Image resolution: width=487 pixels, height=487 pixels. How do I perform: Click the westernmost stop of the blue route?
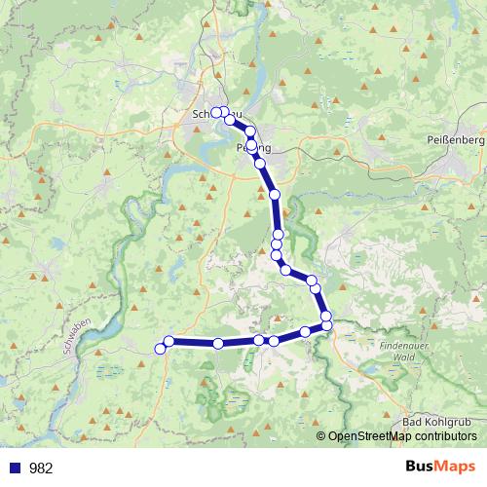160,349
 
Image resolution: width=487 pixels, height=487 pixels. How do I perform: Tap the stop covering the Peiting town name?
252,146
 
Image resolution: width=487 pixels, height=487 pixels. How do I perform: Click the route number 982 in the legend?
41,468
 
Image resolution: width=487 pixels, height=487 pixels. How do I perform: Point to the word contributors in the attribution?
442,436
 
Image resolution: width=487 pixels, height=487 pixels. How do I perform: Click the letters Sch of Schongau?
202,114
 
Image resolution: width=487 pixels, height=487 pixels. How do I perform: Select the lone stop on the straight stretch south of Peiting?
275,195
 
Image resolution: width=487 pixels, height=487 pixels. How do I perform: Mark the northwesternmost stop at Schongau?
216,112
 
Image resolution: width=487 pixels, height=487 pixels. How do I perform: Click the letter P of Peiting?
240,148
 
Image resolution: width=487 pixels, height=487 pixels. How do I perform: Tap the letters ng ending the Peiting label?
263,148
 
